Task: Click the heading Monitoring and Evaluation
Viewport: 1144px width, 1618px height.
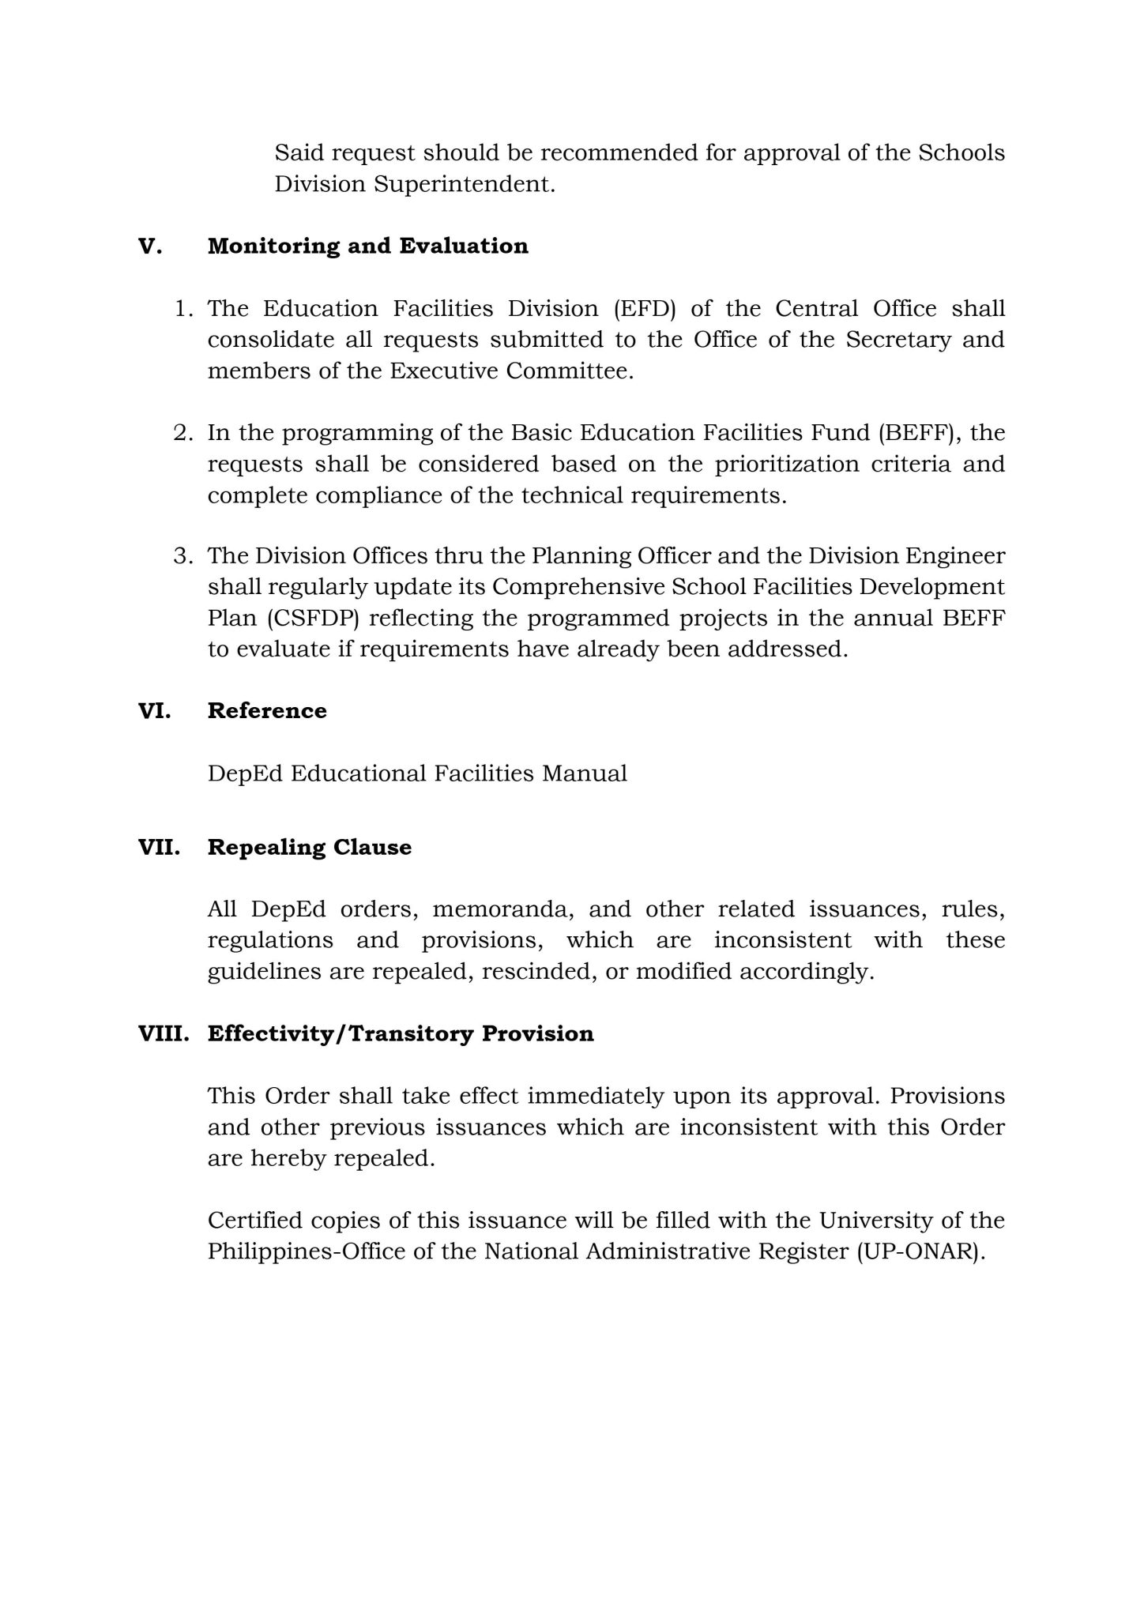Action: click(x=367, y=246)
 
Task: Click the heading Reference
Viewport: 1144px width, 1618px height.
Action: click(x=267, y=710)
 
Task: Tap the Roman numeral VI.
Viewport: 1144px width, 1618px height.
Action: click(x=155, y=710)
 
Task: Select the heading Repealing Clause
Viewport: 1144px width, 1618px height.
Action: click(x=309, y=847)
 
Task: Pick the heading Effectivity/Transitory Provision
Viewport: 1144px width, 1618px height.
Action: click(x=401, y=1033)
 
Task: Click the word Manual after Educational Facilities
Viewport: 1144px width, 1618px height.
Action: click(x=585, y=773)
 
